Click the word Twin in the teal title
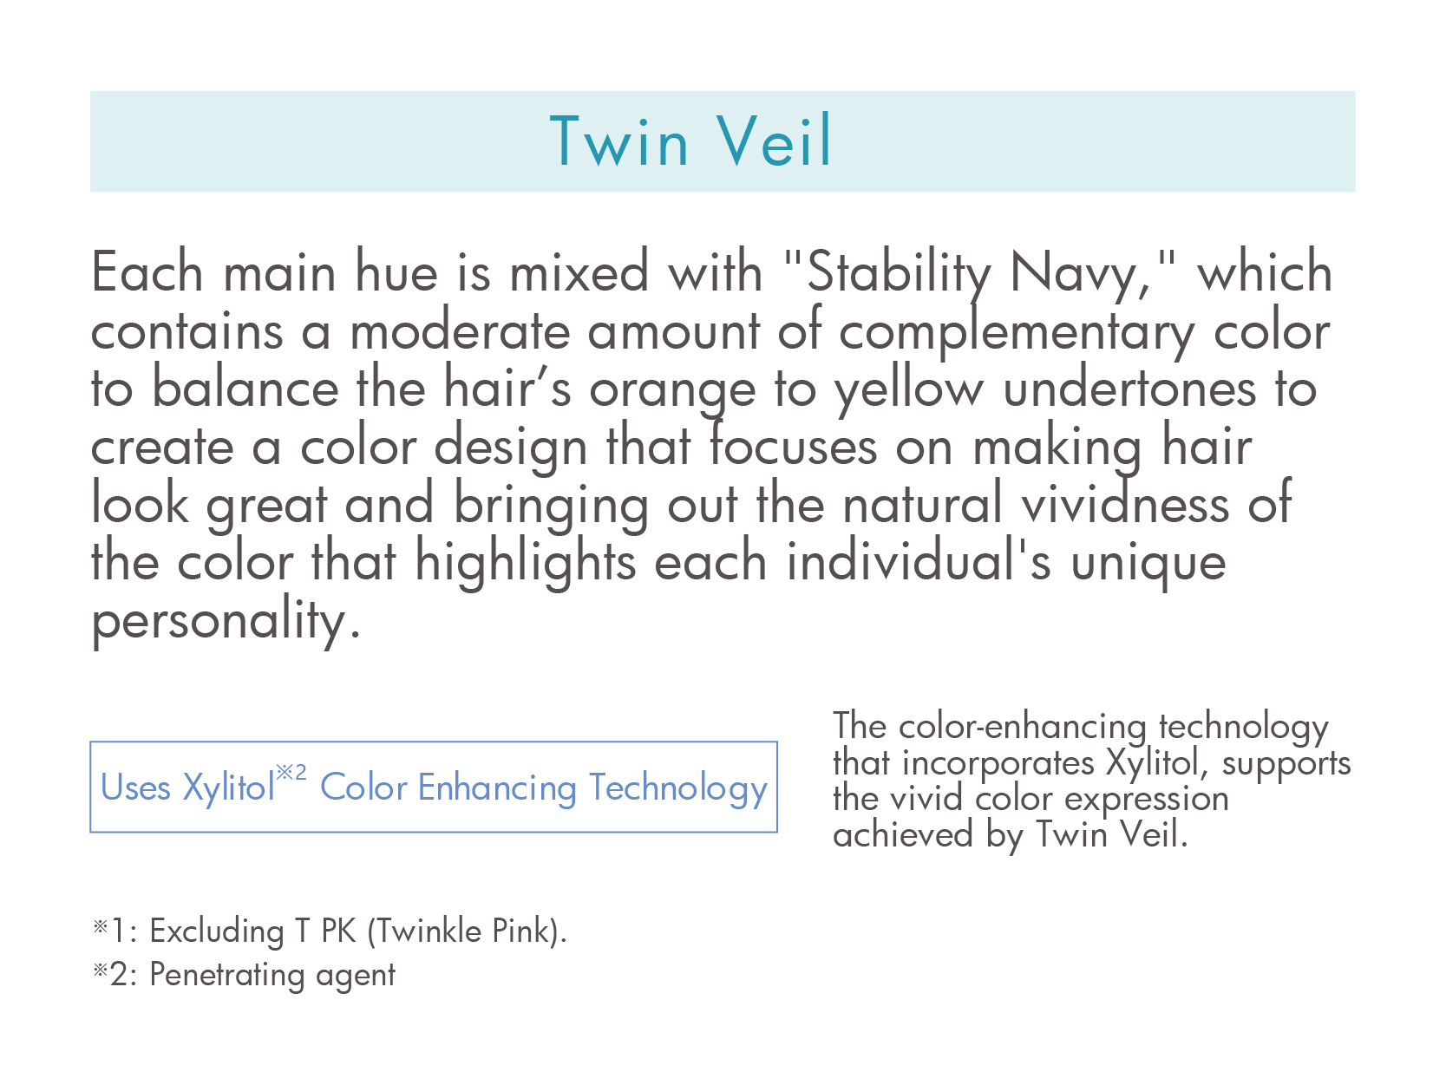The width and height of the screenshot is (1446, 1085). coord(620,141)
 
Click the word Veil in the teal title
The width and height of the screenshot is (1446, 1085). coord(774,141)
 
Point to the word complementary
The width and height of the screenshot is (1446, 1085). coord(1017,332)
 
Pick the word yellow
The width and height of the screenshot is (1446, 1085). coord(909,389)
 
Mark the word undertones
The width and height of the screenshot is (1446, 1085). coord(1129,389)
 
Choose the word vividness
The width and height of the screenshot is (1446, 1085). coord(1125,504)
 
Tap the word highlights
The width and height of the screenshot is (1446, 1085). coord(525,564)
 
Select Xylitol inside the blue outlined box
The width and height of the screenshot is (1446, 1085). coord(228,788)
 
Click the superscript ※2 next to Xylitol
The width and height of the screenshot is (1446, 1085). coord(291,772)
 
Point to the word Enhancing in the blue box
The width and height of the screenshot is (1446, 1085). coord(497,788)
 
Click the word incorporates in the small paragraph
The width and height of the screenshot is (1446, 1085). coord(998,764)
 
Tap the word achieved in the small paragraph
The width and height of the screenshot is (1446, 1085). coord(902,835)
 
